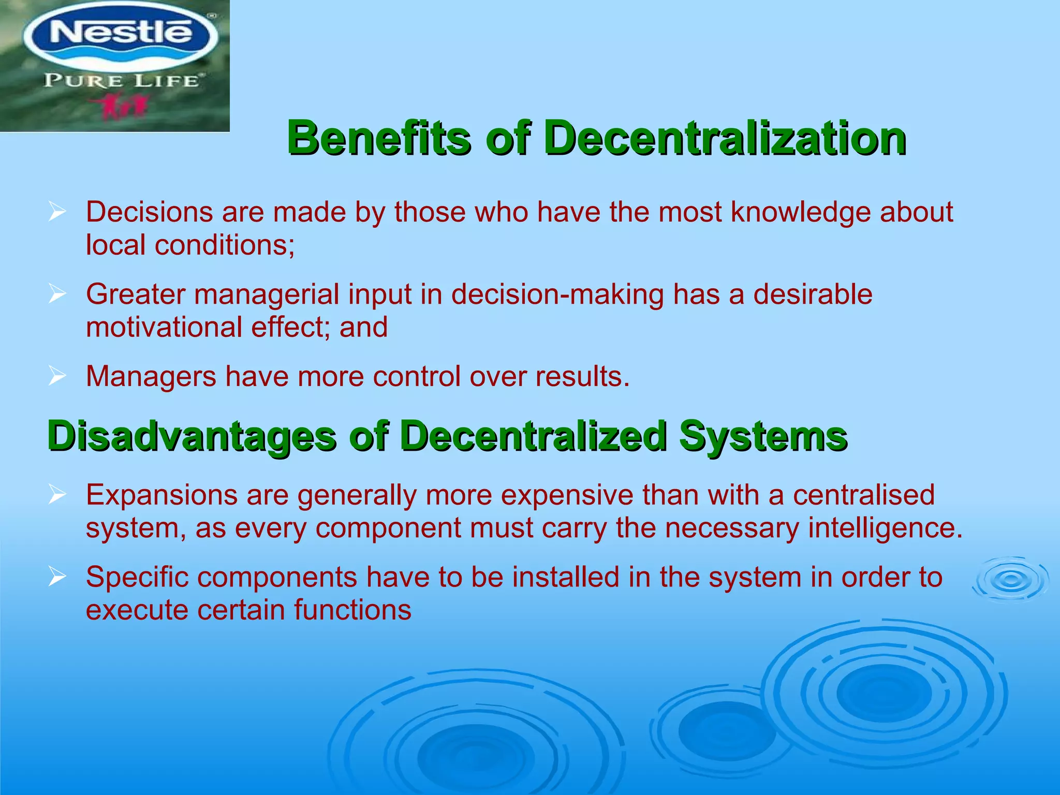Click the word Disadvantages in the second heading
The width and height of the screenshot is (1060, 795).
(x=192, y=436)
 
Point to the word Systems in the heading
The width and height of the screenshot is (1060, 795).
(x=763, y=436)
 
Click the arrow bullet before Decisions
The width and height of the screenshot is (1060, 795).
(x=57, y=212)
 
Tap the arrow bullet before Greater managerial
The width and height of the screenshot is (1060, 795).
(x=57, y=295)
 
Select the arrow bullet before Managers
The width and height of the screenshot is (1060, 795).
(x=57, y=376)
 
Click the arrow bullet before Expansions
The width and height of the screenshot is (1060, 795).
(x=57, y=495)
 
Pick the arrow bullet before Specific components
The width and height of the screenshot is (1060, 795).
(x=57, y=577)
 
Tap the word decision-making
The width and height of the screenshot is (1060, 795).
(x=557, y=295)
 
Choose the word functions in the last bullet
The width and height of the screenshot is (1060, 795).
(x=352, y=610)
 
